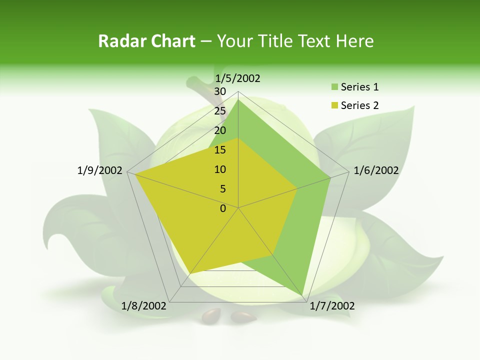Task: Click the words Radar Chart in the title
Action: tap(146, 41)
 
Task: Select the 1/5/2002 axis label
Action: tap(237, 78)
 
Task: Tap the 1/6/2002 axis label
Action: tap(376, 170)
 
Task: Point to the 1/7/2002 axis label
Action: tap(332, 306)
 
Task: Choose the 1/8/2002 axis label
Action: tap(144, 306)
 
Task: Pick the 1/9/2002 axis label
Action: tap(100, 170)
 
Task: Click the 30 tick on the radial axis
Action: tap(220, 91)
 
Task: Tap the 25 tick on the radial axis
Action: tap(220, 111)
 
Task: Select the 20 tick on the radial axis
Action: tap(220, 130)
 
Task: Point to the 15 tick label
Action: tap(220, 150)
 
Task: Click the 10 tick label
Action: tap(220, 169)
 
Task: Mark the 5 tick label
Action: tap(222, 189)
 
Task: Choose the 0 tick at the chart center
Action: tap(223, 208)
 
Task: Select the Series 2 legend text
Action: tap(359, 105)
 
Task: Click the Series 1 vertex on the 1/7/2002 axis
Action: tap(303, 294)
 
